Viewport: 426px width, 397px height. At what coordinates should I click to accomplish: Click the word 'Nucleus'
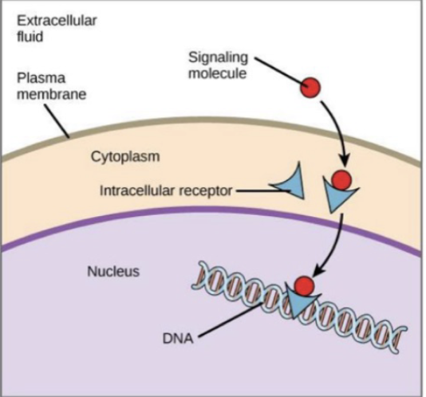[112, 272]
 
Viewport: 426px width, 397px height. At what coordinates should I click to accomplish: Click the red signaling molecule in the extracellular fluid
[310, 86]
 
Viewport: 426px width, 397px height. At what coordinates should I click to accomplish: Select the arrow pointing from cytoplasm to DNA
[335, 243]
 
